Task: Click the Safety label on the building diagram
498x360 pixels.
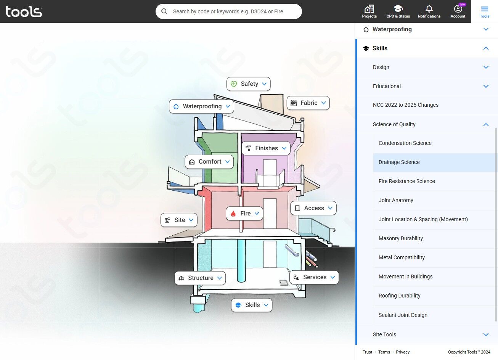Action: (249, 84)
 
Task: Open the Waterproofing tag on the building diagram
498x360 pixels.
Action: (201, 106)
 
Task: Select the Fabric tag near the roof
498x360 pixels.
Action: (308, 103)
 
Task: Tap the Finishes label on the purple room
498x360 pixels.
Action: (266, 148)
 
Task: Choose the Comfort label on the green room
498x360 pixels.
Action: (209, 162)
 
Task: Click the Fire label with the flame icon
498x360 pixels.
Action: (244, 214)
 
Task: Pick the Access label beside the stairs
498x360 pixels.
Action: (313, 208)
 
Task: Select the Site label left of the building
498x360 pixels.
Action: (179, 220)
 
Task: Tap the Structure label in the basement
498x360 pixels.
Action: (200, 278)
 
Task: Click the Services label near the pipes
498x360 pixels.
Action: (314, 277)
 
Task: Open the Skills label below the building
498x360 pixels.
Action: (252, 305)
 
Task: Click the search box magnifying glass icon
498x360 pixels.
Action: (164, 11)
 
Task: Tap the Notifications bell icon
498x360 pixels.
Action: (429, 9)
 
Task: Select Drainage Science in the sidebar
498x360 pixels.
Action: (399, 162)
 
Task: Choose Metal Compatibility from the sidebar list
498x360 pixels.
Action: (402, 257)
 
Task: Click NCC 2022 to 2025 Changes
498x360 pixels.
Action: (405, 105)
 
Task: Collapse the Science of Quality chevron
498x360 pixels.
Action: (486, 124)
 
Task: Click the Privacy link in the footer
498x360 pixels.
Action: (403, 352)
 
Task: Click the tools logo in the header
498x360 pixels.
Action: (24, 11)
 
